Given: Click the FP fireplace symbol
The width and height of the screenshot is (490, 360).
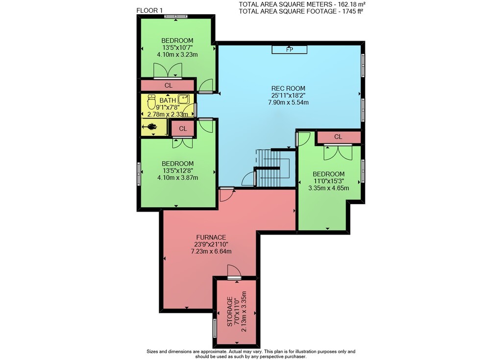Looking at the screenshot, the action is click(290, 49).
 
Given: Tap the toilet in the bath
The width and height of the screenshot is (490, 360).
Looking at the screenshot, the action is click(151, 101).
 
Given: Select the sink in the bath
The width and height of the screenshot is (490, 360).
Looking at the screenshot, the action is click(183, 99).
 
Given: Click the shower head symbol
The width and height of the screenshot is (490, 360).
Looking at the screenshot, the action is click(150, 126).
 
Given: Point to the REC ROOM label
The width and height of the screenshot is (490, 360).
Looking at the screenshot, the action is click(288, 89).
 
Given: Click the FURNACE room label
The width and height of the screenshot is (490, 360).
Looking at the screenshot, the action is click(211, 238).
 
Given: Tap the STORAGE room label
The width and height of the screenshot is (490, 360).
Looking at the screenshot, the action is click(230, 312).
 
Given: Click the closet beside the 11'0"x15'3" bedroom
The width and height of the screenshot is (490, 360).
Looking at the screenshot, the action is click(338, 137).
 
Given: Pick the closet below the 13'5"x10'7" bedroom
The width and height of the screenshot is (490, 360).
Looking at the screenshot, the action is click(168, 85).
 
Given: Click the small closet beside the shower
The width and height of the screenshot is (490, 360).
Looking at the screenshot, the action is click(183, 128).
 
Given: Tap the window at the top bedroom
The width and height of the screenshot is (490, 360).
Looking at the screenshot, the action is click(175, 16).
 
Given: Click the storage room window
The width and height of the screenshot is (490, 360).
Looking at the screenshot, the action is click(215, 328).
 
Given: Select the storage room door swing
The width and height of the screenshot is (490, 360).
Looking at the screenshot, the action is click(234, 271).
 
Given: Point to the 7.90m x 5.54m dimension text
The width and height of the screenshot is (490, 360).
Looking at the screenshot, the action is click(289, 102).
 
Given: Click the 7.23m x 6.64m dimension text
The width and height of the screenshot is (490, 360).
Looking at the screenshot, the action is click(211, 251).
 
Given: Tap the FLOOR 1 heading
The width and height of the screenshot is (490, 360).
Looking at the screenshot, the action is click(149, 10).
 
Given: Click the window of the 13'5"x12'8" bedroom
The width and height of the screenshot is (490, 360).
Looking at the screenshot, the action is click(139, 174).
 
